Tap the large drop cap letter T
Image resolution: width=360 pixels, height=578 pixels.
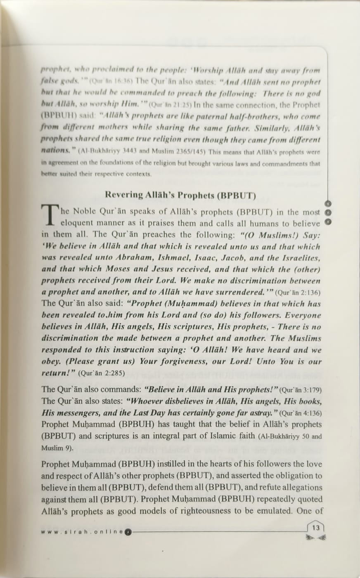coord(50,216)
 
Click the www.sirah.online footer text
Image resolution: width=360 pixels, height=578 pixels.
coord(83,531)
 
